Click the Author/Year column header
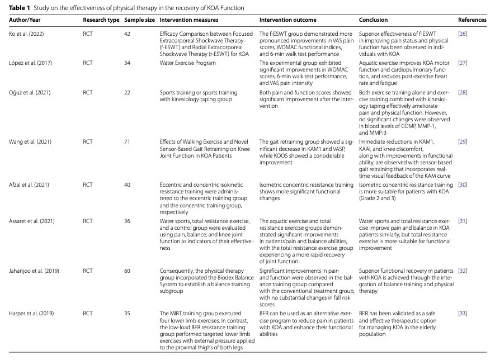(x=24, y=20)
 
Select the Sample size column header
(x=139, y=20)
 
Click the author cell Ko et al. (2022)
(x=26, y=34)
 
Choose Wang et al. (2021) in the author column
(x=29, y=142)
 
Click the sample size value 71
(x=127, y=142)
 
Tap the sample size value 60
(x=127, y=271)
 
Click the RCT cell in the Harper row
(x=88, y=313)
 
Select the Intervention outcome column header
(x=287, y=20)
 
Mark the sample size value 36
(x=127, y=221)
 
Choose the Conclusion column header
(x=373, y=20)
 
